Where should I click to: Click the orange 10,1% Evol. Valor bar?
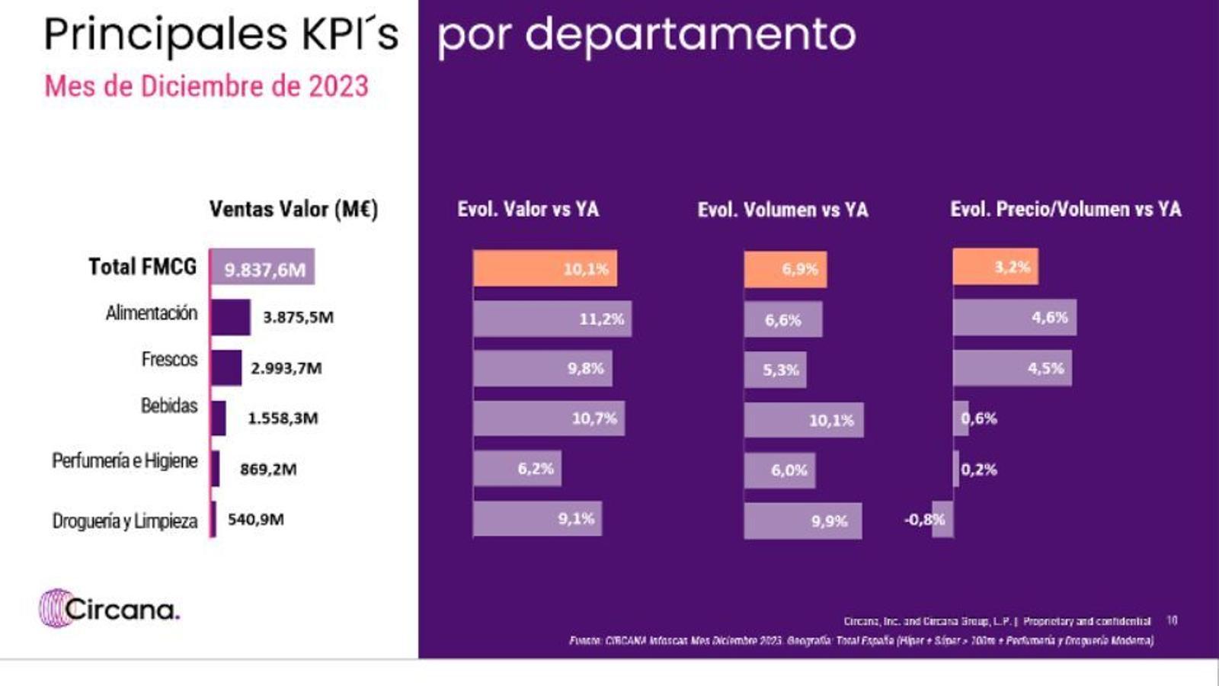[545, 268]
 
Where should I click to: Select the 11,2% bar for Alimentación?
[552, 319]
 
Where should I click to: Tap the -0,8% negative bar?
[942, 519]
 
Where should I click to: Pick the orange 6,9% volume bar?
[785, 269]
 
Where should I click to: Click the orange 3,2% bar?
[994, 267]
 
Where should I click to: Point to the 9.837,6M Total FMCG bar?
[262, 268]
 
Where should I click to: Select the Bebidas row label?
[169, 406]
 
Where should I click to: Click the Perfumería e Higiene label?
[125, 461]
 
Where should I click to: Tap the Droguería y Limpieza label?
[125, 521]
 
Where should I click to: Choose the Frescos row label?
[169, 359]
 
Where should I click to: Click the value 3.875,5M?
[298, 317]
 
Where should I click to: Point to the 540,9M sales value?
[256, 520]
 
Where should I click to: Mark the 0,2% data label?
[979, 470]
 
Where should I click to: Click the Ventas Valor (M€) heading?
[293, 210]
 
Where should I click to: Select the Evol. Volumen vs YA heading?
[782, 210]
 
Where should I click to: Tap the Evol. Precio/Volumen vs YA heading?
[1065, 210]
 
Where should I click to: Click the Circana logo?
[110, 609]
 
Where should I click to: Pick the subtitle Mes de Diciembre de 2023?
[206, 86]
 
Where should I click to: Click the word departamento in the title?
[690, 35]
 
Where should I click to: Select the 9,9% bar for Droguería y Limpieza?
[802, 521]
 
